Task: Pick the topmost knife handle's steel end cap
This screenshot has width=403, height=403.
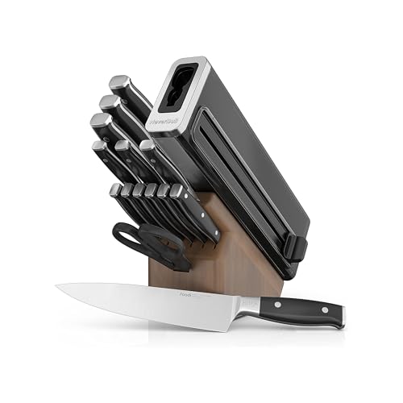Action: click(118, 82)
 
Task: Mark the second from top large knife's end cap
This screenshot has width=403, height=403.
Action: click(108, 102)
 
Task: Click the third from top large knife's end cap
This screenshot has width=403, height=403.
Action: click(101, 123)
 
